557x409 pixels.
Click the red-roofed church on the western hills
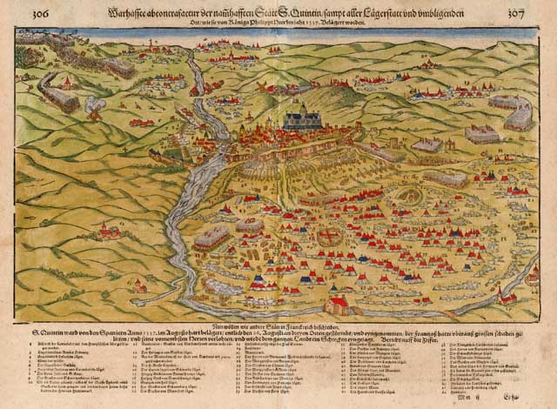coord(108,231)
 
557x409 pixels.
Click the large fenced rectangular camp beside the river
coord(216,236)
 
